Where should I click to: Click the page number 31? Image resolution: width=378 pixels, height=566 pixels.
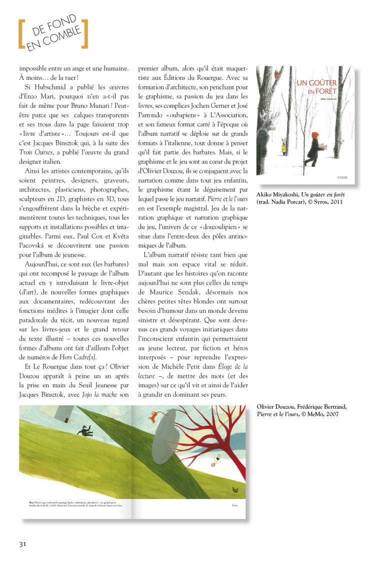point(23,544)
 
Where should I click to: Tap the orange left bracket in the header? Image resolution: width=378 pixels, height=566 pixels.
point(21,35)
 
